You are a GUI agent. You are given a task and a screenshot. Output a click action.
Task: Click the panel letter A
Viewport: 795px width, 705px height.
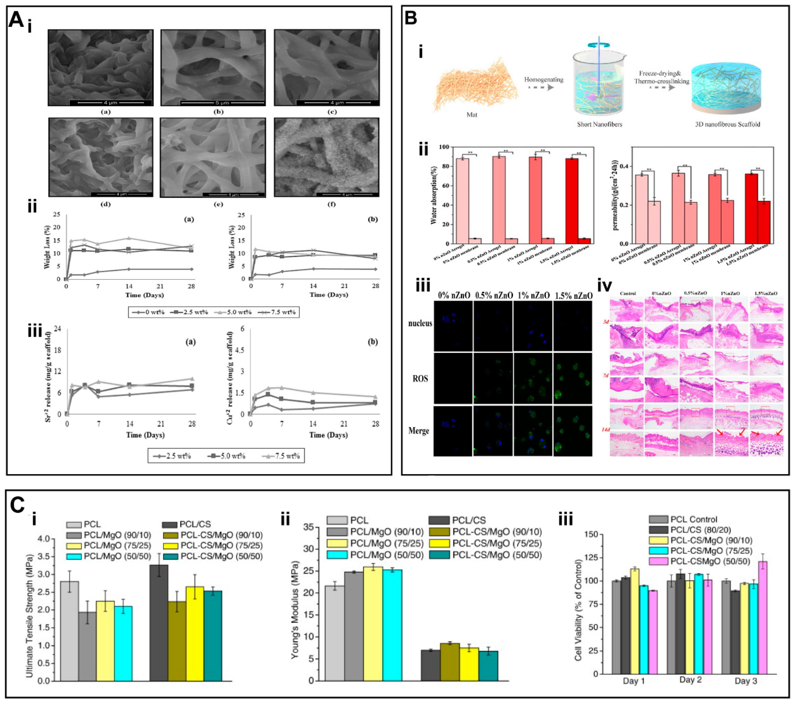tap(16, 20)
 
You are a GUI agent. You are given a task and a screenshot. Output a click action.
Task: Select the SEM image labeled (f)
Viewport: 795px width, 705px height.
tap(327, 157)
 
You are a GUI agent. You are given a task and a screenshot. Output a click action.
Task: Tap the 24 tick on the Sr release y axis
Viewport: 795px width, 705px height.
tap(57, 329)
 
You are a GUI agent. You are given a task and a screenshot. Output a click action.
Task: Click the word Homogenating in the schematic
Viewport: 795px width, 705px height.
tap(543, 79)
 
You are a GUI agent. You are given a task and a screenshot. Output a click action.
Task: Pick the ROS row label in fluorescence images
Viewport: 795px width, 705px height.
tap(420, 378)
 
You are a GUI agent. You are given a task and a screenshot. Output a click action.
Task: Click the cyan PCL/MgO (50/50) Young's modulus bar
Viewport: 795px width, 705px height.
tap(392, 625)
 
